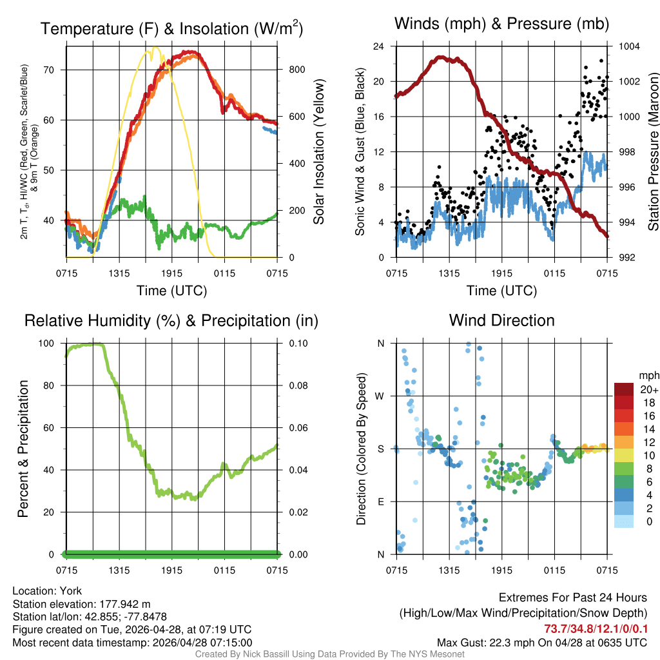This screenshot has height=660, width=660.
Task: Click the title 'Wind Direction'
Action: [x=501, y=320]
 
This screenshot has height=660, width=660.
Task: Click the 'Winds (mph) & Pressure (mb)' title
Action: [x=501, y=24]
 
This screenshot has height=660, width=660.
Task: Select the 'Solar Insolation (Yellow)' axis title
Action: [x=318, y=152]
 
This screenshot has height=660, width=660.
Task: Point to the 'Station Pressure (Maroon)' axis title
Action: [x=652, y=152]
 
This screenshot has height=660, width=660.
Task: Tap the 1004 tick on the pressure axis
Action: [x=628, y=46]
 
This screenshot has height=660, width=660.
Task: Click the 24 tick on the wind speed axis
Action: [x=379, y=46]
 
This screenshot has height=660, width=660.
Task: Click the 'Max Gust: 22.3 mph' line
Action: [x=541, y=643]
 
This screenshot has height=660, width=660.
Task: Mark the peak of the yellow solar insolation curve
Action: [x=155, y=48]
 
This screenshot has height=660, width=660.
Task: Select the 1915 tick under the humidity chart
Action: [x=172, y=570]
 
